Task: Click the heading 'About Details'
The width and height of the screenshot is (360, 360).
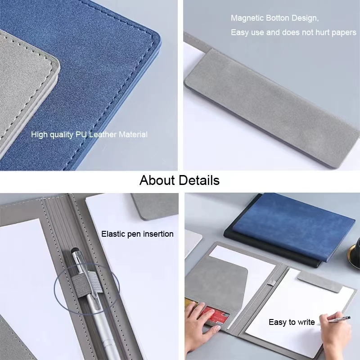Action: pos(179,180)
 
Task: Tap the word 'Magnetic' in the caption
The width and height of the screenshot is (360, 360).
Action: pos(247,18)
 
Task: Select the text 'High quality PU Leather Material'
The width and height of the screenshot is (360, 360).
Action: pos(89,135)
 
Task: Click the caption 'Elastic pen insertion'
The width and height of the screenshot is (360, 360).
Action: pos(137,234)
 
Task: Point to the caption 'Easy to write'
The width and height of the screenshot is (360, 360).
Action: pos(292,322)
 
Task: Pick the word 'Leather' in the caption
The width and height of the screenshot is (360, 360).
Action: pos(103,135)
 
